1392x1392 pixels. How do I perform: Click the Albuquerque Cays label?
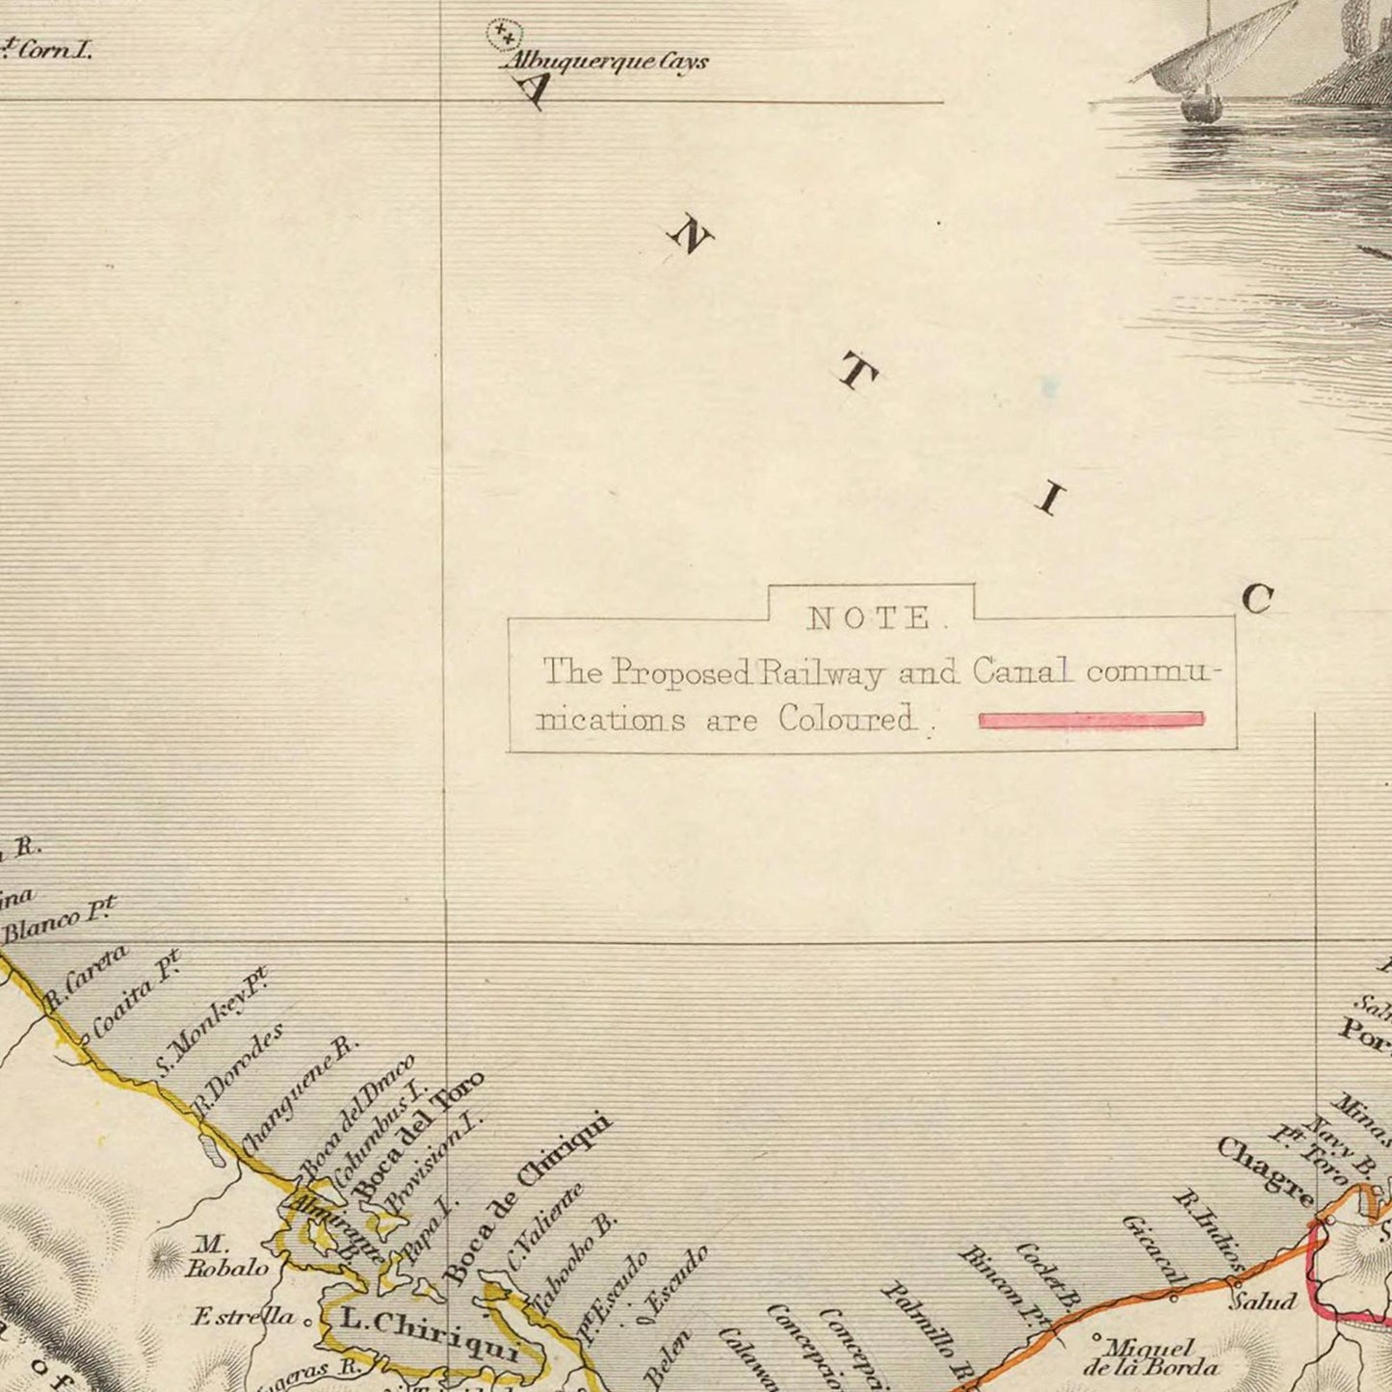[604, 63]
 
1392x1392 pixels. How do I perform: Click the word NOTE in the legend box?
[870, 618]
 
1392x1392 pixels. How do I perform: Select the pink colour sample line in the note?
[1090, 720]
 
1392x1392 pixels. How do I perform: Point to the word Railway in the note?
[821, 672]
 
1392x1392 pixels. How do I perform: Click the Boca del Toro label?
[418, 1137]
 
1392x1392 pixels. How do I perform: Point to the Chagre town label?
[1264, 1171]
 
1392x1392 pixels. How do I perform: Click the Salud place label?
[1263, 1301]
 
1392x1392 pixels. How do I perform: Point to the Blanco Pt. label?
[59, 920]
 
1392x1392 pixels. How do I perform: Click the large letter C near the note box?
[1257, 599]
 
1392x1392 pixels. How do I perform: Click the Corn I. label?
[48, 50]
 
